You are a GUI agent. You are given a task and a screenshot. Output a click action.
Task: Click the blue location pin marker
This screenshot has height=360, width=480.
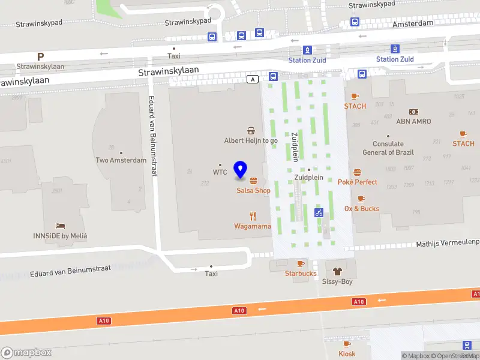[x=241, y=170]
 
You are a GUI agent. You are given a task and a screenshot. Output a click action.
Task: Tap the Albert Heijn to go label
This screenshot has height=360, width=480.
[x=251, y=140]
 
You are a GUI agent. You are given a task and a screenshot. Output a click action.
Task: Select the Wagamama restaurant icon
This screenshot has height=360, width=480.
[x=253, y=216]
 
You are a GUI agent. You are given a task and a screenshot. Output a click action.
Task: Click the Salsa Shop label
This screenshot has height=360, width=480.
[x=253, y=191]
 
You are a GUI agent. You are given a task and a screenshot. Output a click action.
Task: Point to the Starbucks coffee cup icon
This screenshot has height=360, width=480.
[x=301, y=263]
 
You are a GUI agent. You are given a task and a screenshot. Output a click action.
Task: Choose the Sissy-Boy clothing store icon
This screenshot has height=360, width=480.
[x=337, y=271]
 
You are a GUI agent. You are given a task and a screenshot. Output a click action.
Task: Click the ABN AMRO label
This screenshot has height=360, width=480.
[x=413, y=121]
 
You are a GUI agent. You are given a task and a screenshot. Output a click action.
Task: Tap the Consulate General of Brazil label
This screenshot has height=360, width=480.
[x=388, y=148]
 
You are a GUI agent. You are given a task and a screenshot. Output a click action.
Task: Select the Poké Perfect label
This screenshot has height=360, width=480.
[x=358, y=182]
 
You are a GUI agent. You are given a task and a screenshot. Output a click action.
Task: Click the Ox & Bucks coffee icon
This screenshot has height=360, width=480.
[x=361, y=199]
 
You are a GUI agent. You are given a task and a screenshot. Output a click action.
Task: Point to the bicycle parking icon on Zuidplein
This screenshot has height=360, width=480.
[x=319, y=212]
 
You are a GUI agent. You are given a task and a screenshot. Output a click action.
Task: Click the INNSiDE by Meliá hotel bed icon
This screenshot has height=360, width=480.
[x=60, y=226]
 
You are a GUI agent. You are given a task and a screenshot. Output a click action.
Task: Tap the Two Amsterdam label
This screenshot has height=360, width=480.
[x=121, y=160]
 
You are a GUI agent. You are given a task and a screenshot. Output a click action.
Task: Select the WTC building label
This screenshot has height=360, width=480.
[x=220, y=172]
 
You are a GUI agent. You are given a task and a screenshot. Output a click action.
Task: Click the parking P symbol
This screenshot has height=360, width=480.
[x=40, y=57]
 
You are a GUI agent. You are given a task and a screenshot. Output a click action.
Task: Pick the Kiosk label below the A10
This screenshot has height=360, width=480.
[x=347, y=353]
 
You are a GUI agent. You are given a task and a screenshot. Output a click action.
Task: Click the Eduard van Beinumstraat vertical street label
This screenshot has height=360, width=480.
[x=152, y=136]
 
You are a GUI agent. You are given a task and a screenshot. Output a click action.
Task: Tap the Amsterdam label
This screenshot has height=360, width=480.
[x=413, y=23]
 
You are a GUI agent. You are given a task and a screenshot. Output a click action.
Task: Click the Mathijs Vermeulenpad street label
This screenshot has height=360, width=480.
[x=448, y=243]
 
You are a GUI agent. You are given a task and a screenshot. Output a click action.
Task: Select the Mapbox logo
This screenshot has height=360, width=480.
[x=26, y=353]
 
